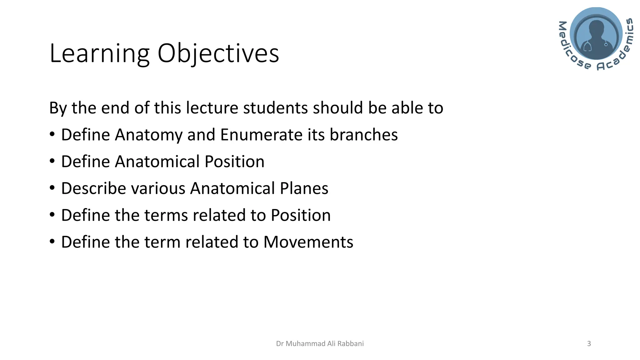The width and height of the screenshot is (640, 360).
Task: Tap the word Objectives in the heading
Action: tap(218, 54)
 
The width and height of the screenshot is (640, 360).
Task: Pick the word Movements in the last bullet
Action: tap(308, 242)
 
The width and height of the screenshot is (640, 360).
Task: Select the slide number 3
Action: tap(589, 344)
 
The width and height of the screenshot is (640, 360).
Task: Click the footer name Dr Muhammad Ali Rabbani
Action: tap(320, 344)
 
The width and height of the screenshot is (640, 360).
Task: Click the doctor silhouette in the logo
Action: tap(596, 36)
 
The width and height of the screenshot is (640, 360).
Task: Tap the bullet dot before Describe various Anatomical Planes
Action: tap(52, 188)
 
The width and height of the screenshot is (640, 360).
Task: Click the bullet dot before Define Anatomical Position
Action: tap(52, 161)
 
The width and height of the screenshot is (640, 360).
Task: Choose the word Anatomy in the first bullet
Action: tap(148, 135)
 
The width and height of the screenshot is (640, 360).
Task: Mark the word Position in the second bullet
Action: tap(234, 162)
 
